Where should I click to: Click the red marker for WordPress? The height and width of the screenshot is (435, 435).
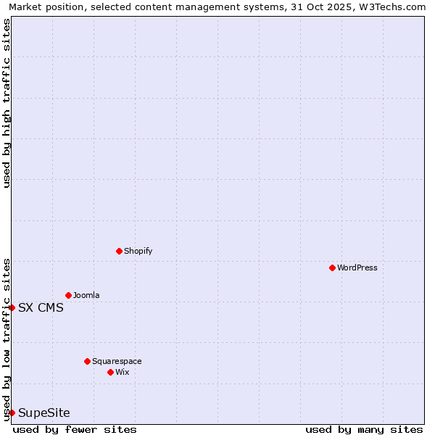pyautogui.click(x=332, y=268)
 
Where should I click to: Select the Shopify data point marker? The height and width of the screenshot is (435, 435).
pyautogui.click(x=119, y=251)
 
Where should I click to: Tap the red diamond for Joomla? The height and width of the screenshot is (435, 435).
pyautogui.click(x=68, y=295)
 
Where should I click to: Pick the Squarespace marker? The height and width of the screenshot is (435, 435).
pyautogui.click(x=87, y=361)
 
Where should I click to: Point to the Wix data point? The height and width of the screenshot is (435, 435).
pyautogui.click(x=110, y=372)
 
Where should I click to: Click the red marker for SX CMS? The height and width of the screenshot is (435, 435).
pyautogui.click(x=12, y=307)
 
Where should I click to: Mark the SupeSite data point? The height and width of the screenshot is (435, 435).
pyautogui.click(x=12, y=413)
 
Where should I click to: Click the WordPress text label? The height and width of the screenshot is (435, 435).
pyautogui.click(x=357, y=268)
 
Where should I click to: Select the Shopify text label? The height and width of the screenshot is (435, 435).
pyautogui.click(x=138, y=251)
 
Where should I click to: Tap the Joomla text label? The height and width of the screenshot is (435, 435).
pyautogui.click(x=86, y=295)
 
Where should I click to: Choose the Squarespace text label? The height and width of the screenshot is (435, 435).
pyautogui.click(x=117, y=361)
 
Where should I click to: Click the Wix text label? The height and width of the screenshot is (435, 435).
pyautogui.click(x=122, y=372)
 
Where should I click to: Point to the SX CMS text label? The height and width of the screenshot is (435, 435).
pyautogui.click(x=41, y=307)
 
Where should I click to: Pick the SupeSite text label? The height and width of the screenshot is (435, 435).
pyautogui.click(x=44, y=413)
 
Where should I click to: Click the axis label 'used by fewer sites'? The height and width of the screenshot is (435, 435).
pyautogui.click(x=75, y=429)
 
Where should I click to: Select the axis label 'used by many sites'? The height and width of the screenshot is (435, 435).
pyautogui.click(x=364, y=429)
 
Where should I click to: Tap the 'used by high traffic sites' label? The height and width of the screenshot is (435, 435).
pyautogui.click(x=7, y=103)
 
